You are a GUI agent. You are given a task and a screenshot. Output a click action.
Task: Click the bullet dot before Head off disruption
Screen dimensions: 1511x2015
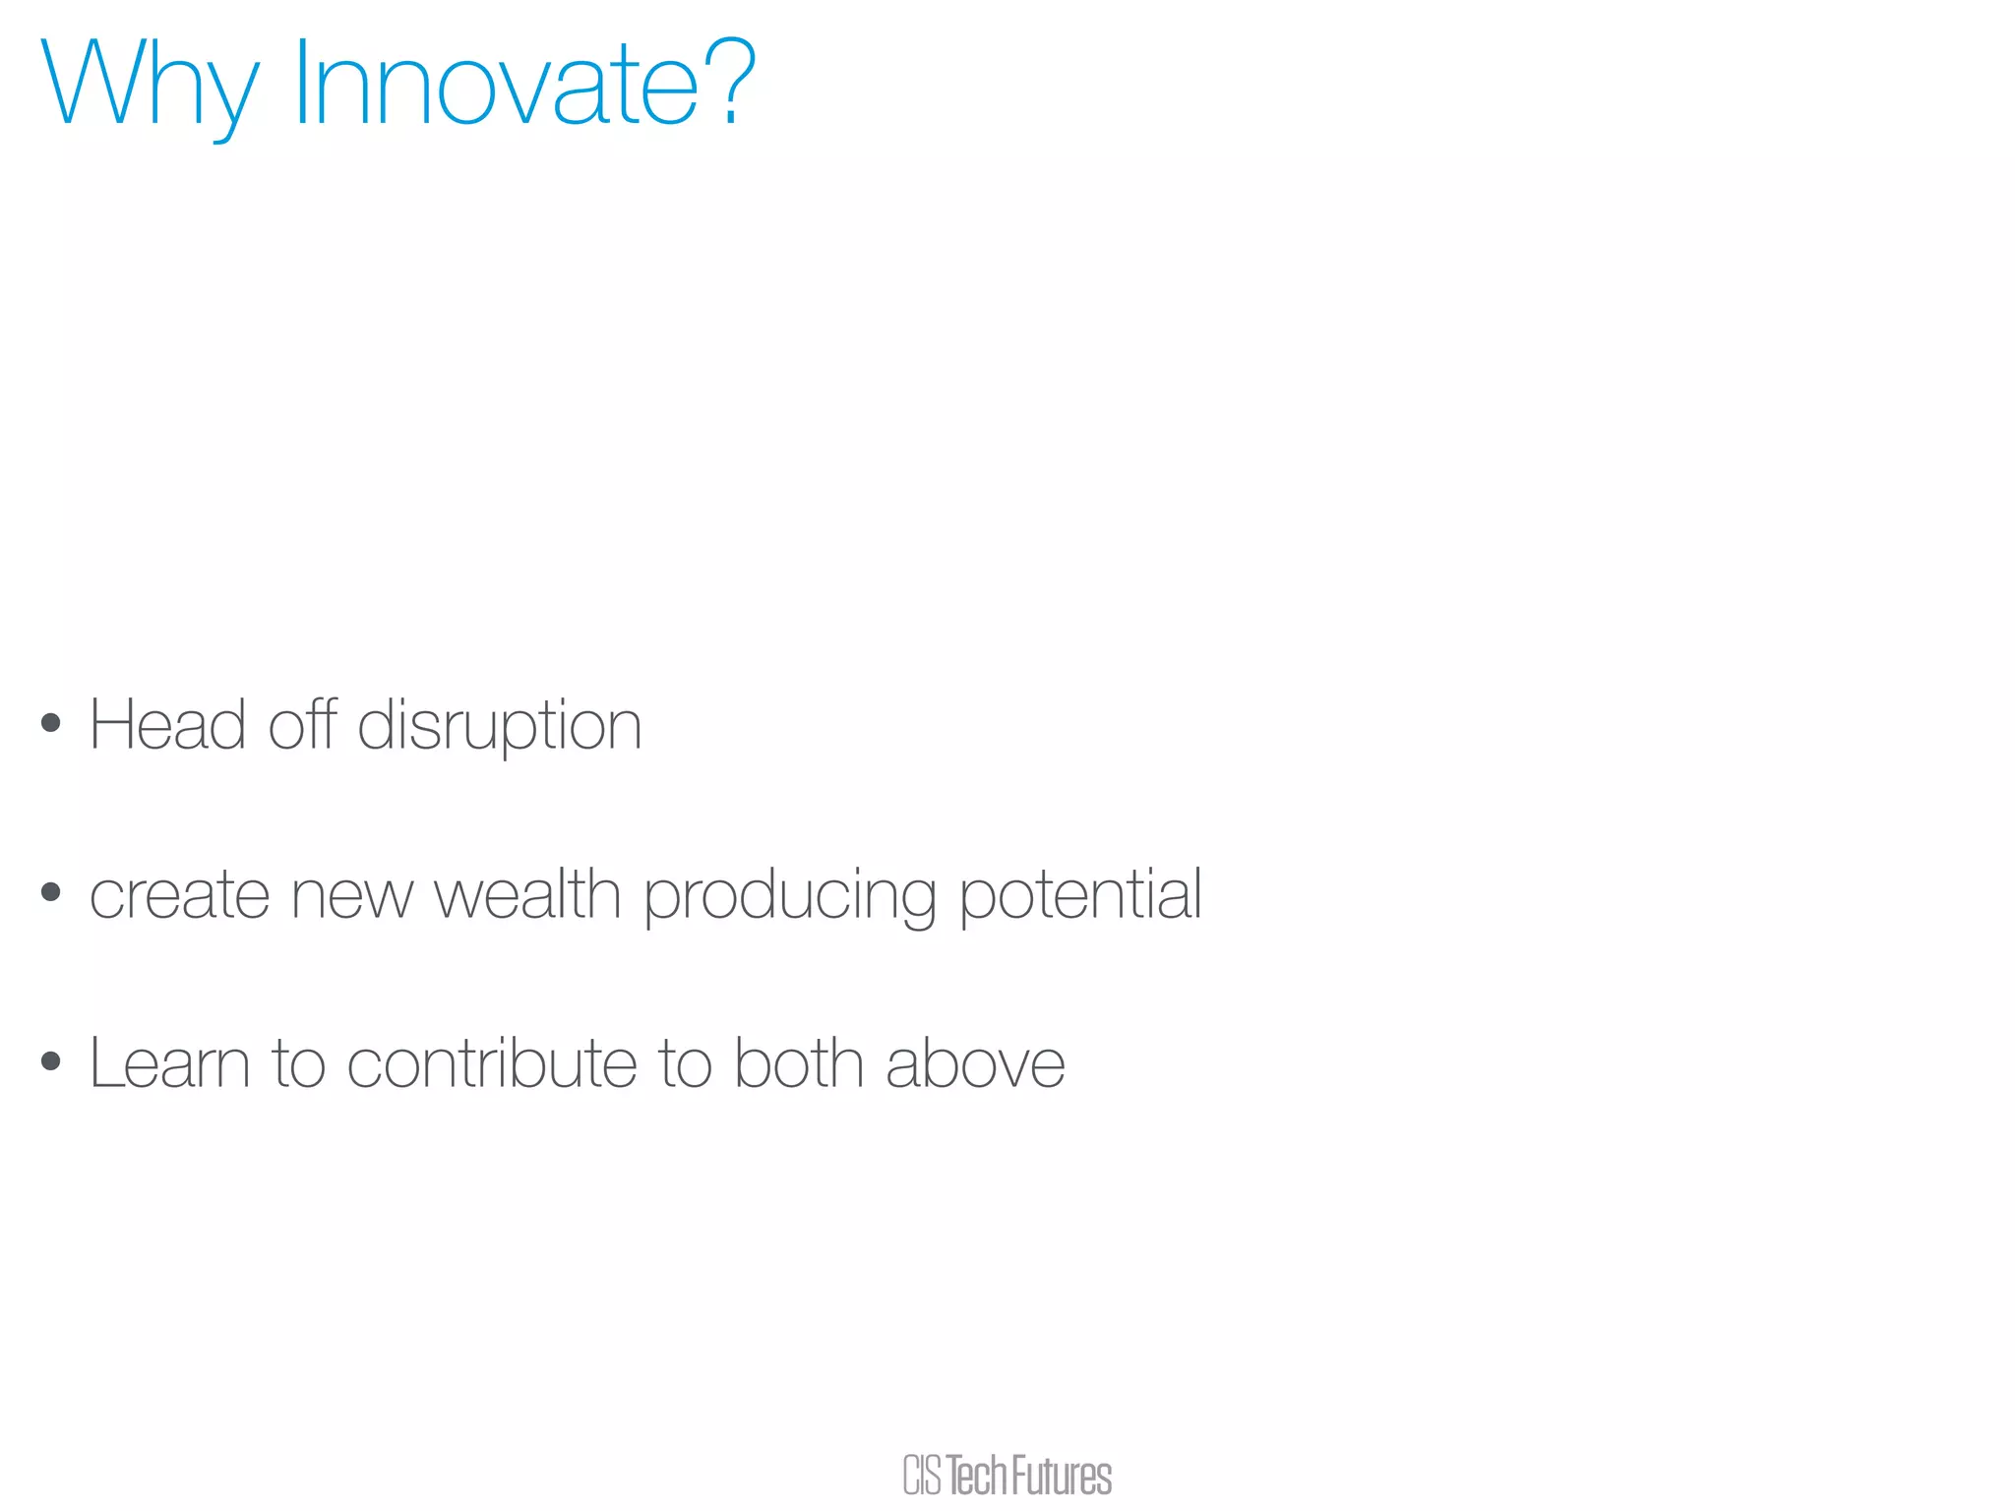pyautogui.click(x=51, y=725)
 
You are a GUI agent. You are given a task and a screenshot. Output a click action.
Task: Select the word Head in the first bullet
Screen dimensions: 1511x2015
pyautogui.click(x=167, y=726)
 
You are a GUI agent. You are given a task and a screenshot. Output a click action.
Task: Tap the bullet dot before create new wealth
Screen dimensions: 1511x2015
pyautogui.click(x=51, y=893)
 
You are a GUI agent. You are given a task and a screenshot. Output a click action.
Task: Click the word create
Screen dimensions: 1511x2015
pyautogui.click(x=179, y=896)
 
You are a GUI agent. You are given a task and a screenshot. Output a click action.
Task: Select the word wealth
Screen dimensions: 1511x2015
pyautogui.click(x=527, y=894)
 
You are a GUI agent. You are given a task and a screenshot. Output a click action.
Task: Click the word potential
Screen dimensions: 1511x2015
pyautogui.click(x=1079, y=896)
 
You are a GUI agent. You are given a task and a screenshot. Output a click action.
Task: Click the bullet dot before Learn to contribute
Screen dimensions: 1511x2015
pyautogui.click(x=51, y=1062)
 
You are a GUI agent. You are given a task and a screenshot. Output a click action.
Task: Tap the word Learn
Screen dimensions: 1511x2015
pyautogui.click(x=169, y=1064)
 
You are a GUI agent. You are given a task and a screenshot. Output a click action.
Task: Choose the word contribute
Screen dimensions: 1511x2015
pyautogui.click(x=491, y=1064)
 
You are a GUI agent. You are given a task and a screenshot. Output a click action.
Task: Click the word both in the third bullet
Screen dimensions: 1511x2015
pyautogui.click(x=798, y=1063)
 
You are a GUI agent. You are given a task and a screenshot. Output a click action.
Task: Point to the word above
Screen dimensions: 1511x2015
pyautogui.click(x=974, y=1064)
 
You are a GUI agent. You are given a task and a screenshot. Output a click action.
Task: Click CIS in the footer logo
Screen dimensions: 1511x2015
pyautogui.click(x=922, y=1476)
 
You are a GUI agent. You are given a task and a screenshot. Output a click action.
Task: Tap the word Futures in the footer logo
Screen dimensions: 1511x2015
pyautogui.click(x=1061, y=1476)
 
